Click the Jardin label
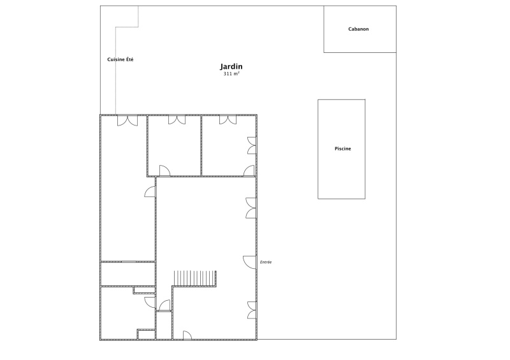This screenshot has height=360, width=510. click(231, 67)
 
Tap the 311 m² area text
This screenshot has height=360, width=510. click(231, 74)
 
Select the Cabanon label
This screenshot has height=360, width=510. click(358, 29)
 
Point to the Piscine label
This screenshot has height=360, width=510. click(343, 148)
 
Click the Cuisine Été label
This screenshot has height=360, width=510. click(120, 59)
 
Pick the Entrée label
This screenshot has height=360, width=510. click(266, 262)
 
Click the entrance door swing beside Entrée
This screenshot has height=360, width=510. click(249, 262)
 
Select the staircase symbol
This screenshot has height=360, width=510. click(195, 278)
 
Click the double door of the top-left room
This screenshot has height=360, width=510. click(127, 120)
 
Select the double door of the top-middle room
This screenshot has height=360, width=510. click(177, 120)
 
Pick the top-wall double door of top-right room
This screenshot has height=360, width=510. click(228, 120)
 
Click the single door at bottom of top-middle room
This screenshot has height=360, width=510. click(164, 170)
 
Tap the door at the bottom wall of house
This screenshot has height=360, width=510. click(187, 335)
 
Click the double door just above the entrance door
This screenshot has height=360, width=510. click(251, 208)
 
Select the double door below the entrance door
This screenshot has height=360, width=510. click(252, 310)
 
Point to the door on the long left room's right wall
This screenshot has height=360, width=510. click(150, 192)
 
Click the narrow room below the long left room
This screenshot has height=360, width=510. click(128, 274)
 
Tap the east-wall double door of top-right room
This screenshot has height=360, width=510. click(252, 145)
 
